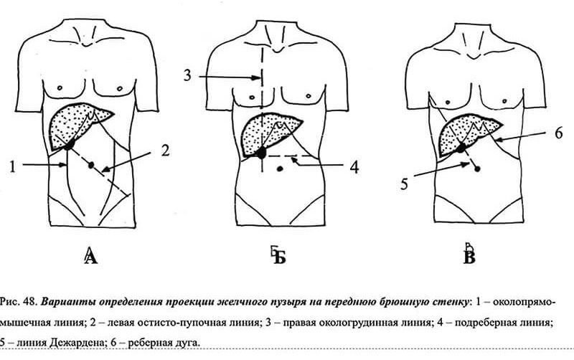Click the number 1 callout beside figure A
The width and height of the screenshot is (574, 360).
point(13,167)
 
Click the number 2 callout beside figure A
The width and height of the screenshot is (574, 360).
point(166,151)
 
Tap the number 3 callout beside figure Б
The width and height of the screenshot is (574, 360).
point(187,75)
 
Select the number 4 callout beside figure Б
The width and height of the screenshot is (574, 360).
point(354,167)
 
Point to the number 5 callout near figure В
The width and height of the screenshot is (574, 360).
point(404,184)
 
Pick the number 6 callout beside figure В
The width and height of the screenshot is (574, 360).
point(558,133)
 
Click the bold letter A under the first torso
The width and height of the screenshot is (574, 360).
point(91,255)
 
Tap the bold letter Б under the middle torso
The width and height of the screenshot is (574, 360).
point(279,256)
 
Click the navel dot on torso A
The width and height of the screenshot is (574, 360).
point(91,166)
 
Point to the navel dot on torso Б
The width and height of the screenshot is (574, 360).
point(280,169)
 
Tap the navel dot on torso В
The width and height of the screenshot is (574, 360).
point(477,169)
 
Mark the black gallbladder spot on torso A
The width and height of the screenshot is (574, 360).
point(68,145)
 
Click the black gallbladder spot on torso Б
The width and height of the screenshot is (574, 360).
point(261,153)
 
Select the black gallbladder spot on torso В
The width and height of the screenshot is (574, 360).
point(461,148)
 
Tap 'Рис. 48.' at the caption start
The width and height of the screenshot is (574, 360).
point(19,302)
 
